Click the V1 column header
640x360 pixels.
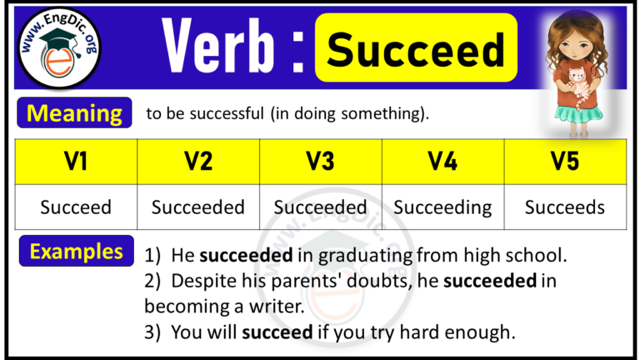77,162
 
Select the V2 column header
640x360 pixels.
198,162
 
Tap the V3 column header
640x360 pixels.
321,162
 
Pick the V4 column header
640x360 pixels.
442,162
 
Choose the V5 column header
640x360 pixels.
565,162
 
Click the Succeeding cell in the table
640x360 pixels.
442,207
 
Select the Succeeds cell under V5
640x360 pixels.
565,207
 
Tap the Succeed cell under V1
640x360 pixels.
77,207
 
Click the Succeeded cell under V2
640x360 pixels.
198,207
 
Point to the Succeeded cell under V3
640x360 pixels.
321,207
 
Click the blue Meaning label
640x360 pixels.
74,112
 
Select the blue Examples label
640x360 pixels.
77,251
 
